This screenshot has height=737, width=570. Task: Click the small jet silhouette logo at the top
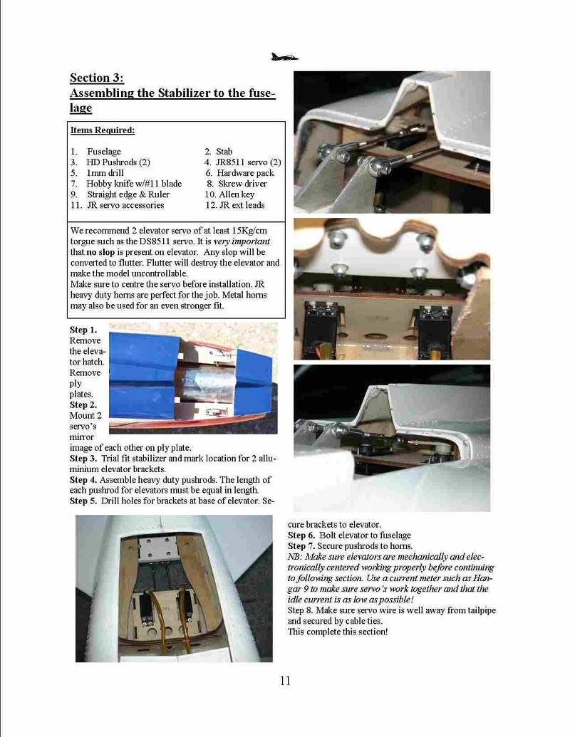[x=284, y=58]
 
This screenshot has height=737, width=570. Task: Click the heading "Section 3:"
[x=97, y=78]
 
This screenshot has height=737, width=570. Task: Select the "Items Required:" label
[x=103, y=130]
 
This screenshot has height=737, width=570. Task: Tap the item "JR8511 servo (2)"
[x=249, y=162]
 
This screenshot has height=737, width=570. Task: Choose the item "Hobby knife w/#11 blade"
[x=134, y=183]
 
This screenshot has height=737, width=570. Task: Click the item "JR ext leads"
[x=242, y=205]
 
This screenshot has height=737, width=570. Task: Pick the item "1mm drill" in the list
[x=105, y=172]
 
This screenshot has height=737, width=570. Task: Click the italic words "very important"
[x=242, y=241]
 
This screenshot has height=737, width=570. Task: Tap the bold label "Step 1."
[x=83, y=330]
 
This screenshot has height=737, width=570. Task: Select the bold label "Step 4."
[x=83, y=480]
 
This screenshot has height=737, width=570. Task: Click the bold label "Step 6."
[x=301, y=535]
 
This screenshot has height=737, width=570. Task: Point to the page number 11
[x=285, y=681]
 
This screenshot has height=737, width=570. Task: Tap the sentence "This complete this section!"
[x=338, y=632]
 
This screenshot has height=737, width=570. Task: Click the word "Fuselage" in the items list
[x=104, y=152]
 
